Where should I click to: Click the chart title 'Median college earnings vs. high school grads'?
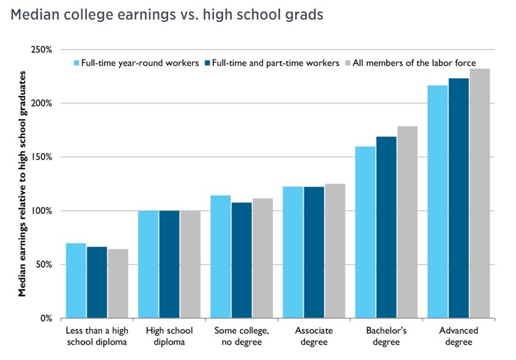click(166, 15)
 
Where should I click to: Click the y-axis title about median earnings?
click(23, 183)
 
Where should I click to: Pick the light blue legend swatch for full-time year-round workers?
click(77, 63)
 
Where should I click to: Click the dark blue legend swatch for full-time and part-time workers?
click(207, 63)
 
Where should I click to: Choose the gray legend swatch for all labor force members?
click(348, 63)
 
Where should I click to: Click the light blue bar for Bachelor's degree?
click(365, 232)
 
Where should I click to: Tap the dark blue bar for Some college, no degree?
click(241, 260)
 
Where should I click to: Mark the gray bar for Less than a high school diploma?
click(118, 284)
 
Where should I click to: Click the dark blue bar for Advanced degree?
click(458, 199)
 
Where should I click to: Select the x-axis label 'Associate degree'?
click(314, 336)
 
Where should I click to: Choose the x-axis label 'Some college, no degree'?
click(241, 336)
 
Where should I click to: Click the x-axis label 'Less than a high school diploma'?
click(97, 336)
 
